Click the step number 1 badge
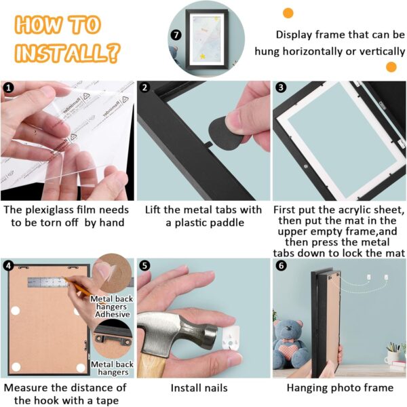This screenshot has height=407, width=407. click(x=8, y=88)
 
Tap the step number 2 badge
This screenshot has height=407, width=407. click(x=144, y=88)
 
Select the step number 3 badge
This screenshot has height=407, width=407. click(x=281, y=88)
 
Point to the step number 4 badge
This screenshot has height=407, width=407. click(x=9, y=265)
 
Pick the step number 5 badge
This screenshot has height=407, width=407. click(x=144, y=265)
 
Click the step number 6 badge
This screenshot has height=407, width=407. click(x=281, y=265)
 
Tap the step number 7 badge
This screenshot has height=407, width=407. click(x=176, y=35)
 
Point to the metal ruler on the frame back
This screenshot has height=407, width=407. click(x=48, y=282)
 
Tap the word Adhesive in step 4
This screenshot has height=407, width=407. click(x=113, y=314)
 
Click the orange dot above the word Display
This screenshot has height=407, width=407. click(x=288, y=13)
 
